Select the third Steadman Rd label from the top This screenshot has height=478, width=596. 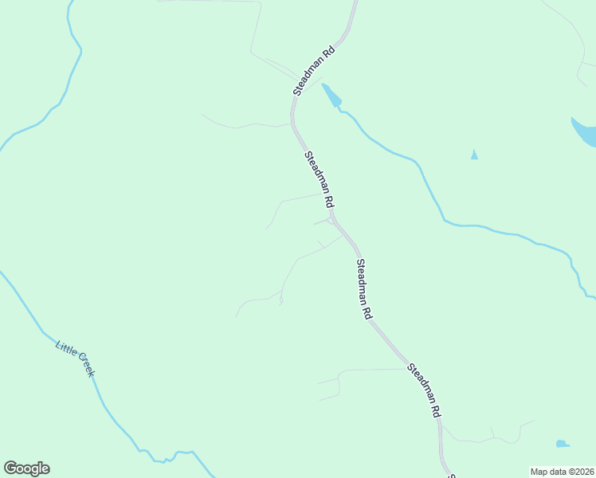click(363, 289)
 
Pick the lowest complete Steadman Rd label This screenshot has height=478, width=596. click(424, 392)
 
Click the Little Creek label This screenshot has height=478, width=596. click(75, 358)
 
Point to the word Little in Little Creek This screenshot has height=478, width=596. click(66, 350)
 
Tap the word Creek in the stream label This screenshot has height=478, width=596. click(84, 367)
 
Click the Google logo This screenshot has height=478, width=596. click(26, 468)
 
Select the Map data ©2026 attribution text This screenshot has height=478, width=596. click(562, 471)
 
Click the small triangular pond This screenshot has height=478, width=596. click(474, 155)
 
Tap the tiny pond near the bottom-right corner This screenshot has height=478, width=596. click(563, 444)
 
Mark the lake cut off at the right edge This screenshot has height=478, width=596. click(585, 132)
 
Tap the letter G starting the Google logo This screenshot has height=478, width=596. click(10, 468)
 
